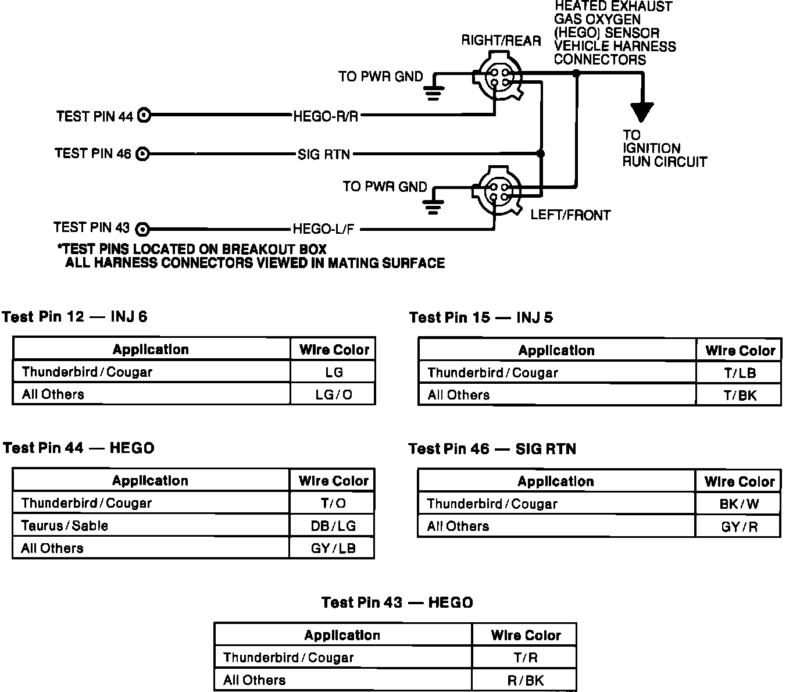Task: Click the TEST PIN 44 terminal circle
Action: [x=144, y=116]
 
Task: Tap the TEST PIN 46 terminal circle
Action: [x=142, y=154]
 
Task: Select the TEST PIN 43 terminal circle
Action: [x=142, y=229]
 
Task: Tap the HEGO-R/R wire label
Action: [x=326, y=116]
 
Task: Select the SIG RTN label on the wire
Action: [x=324, y=155]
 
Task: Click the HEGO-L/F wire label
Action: [x=323, y=229]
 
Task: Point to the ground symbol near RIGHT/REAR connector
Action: [x=433, y=92]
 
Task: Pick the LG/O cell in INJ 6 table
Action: [x=333, y=394]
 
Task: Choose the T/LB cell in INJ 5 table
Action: [x=739, y=373]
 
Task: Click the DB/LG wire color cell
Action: [x=333, y=526]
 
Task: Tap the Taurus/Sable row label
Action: [x=65, y=526]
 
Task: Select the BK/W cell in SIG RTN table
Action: [x=738, y=504]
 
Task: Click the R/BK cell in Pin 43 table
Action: [x=525, y=680]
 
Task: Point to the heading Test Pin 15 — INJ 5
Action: [x=481, y=318]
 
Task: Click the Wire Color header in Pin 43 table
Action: [x=525, y=635]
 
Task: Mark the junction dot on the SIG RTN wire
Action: [x=541, y=154]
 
